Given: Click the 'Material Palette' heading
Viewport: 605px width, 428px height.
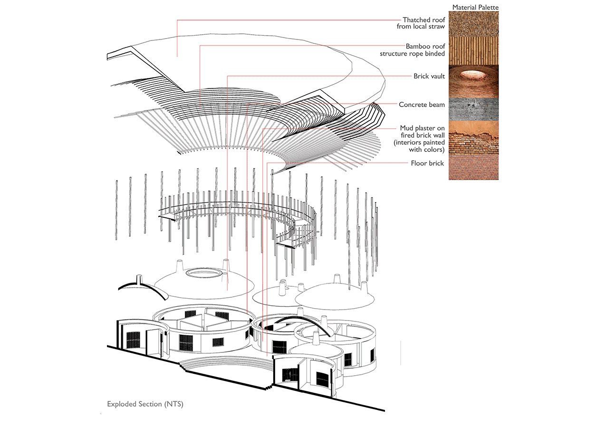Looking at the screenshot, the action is tap(475, 8).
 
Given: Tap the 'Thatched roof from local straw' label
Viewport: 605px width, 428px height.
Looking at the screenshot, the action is tap(421, 23).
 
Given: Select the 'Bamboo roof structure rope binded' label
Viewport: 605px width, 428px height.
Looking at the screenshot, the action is tap(413, 50).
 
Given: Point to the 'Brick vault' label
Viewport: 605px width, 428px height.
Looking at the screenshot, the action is tap(429, 76).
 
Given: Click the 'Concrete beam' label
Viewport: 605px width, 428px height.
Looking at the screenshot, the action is tap(422, 105).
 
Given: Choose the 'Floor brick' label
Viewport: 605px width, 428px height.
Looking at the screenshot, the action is tap(428, 163).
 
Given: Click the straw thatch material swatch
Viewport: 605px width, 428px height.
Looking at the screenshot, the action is tap(474, 24).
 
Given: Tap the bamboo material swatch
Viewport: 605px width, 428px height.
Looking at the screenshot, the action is tap(474, 50).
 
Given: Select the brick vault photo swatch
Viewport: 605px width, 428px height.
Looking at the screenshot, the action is tap(474, 81).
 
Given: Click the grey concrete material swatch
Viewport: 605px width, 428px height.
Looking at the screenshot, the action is tap(474, 109).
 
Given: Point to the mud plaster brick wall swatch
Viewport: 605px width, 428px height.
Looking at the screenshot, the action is tap(474, 138).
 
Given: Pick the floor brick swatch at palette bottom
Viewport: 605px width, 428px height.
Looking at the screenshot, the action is tap(474, 167).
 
